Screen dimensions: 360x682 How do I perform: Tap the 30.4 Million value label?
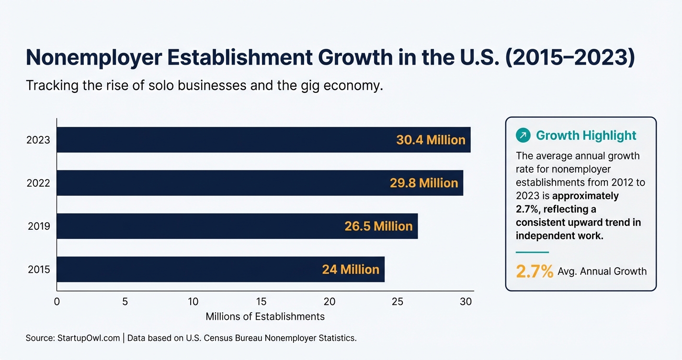[x=431, y=140]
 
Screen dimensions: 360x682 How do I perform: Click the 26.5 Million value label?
[x=378, y=226]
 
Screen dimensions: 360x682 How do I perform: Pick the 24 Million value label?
[x=351, y=269]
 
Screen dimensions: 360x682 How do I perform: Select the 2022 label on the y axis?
[x=38, y=183]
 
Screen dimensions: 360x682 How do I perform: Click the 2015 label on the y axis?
[x=38, y=269]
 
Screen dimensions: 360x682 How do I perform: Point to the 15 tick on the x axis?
[x=261, y=302]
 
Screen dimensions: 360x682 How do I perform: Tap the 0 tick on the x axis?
[x=57, y=302]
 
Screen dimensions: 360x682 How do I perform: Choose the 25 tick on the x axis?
[x=397, y=302]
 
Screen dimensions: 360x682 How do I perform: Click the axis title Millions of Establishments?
[x=265, y=316]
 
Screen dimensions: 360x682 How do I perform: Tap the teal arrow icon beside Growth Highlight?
[x=523, y=135]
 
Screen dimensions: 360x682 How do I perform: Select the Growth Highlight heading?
[x=586, y=135]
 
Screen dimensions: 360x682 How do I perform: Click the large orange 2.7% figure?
[x=534, y=271]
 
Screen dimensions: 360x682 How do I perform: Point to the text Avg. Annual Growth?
[x=602, y=271]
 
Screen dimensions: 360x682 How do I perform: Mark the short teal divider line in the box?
[x=532, y=252]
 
